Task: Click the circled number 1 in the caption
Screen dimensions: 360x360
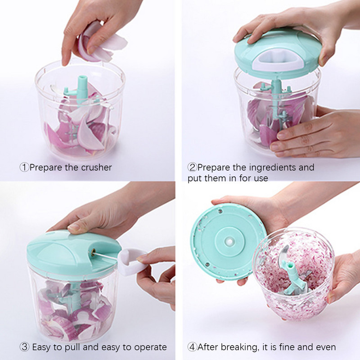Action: (x=24, y=167)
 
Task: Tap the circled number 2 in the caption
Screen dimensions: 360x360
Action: (x=192, y=167)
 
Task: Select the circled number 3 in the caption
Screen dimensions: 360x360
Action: (x=24, y=347)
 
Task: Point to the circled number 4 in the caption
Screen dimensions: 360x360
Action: (x=192, y=347)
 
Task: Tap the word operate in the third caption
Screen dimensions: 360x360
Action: (x=150, y=347)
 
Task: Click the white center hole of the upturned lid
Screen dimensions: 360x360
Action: (x=229, y=241)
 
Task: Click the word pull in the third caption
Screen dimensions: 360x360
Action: (x=72, y=347)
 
